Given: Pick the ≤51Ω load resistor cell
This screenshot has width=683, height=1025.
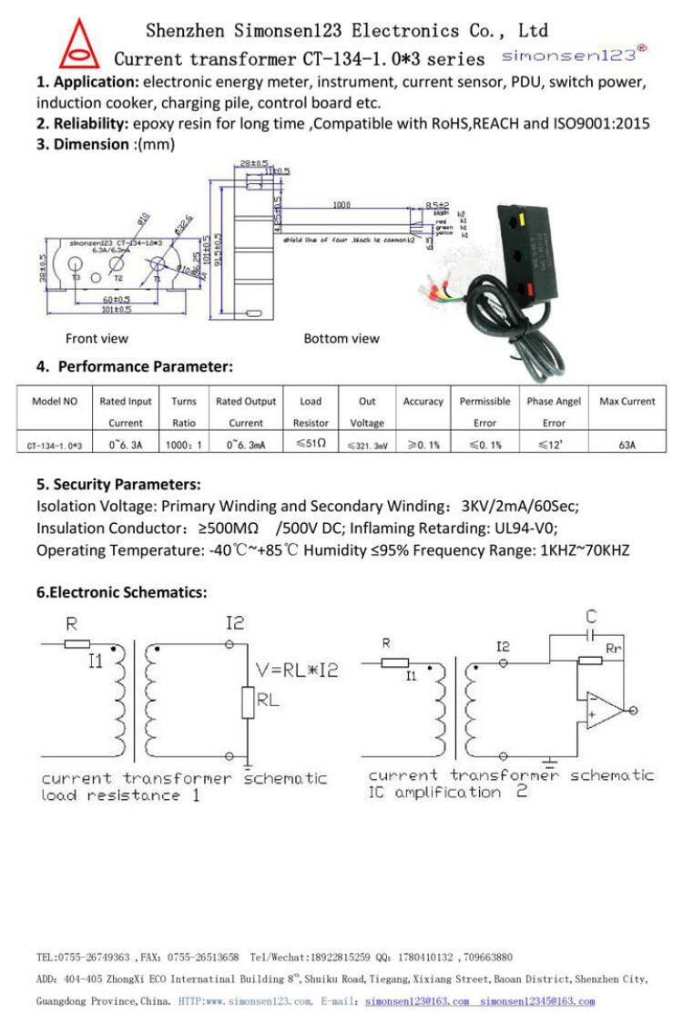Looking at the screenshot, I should (311, 446).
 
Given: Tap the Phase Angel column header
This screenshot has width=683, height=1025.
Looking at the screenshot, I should (553, 401).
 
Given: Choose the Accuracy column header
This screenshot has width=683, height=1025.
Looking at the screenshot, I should (423, 401).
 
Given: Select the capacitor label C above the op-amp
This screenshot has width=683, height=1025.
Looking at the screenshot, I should (590, 617).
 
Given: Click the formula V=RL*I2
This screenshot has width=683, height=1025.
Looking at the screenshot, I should (297, 670).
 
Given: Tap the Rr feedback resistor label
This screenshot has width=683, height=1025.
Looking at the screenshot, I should (615, 647).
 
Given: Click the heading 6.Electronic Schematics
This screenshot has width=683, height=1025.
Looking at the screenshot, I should (122, 592).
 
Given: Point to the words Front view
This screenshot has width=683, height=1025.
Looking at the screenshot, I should (97, 339).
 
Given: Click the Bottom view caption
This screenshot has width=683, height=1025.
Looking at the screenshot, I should (341, 339).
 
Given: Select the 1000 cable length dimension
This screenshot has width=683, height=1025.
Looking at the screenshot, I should (341, 205).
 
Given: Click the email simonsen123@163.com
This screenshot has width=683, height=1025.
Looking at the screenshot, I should (416, 1001).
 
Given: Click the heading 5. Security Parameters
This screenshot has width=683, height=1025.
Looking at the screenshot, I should (118, 484).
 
